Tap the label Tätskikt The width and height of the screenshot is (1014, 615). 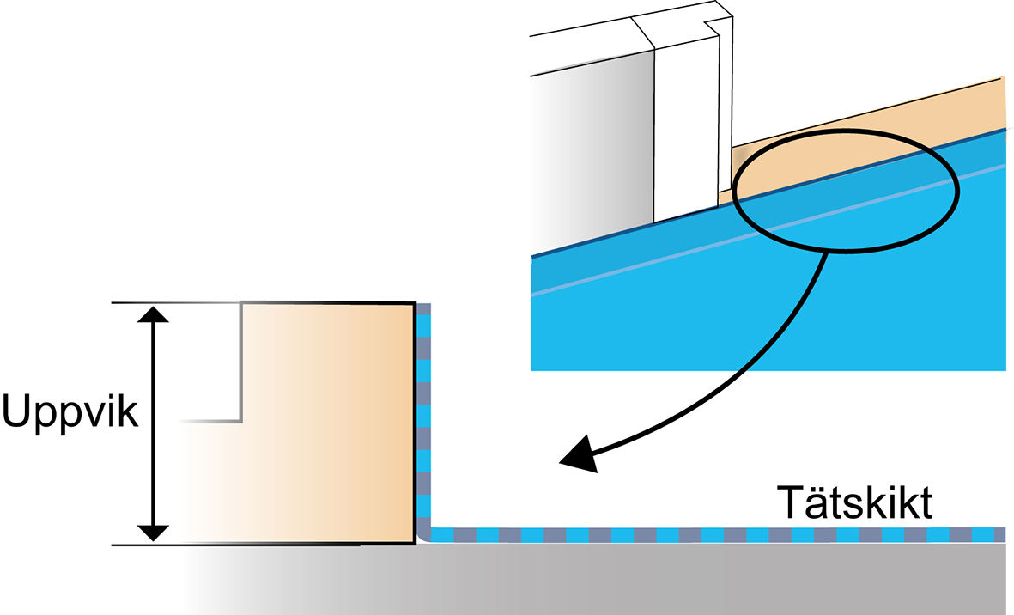click(855, 502)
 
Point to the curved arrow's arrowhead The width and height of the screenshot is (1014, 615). click(577, 455)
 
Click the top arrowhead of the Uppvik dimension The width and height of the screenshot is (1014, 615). click(153, 314)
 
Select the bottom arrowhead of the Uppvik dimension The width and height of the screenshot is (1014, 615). click(153, 532)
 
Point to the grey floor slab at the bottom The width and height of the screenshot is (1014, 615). click(601, 580)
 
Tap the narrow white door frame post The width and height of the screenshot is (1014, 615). click(684, 129)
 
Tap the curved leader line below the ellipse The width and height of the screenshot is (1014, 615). click(786, 361)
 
